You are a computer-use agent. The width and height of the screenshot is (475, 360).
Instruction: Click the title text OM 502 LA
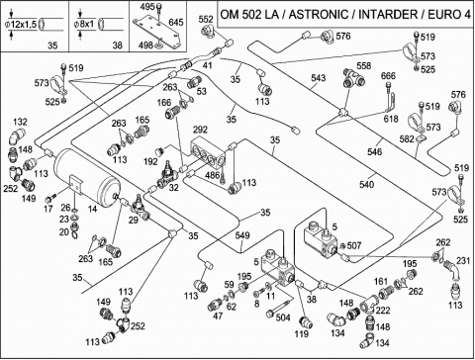coord(253,15)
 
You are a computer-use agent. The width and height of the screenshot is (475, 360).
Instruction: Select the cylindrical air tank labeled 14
coord(87,178)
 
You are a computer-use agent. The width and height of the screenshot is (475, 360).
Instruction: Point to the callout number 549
coord(242,235)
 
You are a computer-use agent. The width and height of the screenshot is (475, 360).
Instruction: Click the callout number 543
coord(319,78)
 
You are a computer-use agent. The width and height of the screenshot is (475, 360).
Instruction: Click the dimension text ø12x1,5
coord(21,25)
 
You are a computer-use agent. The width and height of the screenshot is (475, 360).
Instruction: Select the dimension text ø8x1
coord(84,25)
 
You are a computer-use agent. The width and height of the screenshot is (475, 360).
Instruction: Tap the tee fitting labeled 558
coord(353,79)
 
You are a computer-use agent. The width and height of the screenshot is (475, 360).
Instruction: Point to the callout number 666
coord(388,76)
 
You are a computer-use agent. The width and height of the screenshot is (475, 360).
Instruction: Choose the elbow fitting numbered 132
coord(18,136)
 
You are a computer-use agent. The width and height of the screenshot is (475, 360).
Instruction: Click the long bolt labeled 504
coord(279,306)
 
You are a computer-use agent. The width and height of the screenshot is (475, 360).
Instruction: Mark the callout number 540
coord(367,184)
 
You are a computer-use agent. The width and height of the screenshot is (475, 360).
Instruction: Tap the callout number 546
coord(375,151)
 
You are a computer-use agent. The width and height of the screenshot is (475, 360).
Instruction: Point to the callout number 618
coord(391,118)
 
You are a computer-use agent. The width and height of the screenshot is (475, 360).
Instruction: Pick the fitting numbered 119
coord(305,322)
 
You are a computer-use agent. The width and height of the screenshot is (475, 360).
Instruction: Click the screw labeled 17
coord(50,199)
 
